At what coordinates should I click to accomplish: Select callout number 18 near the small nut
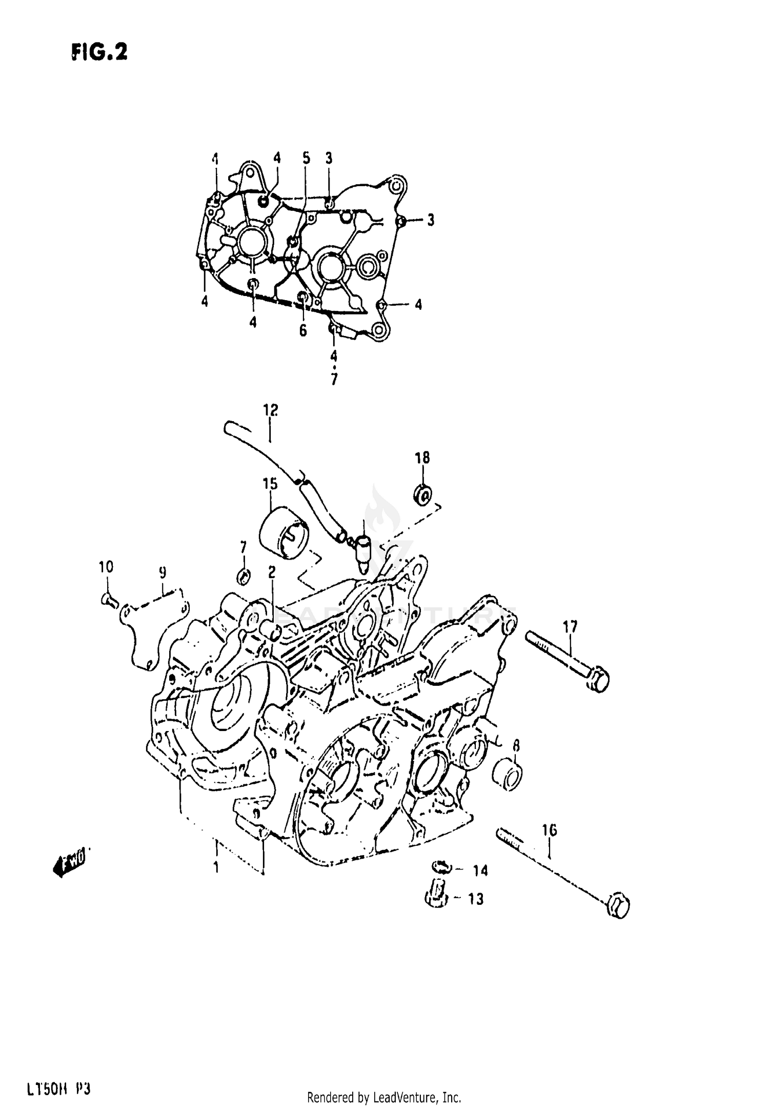point(422,458)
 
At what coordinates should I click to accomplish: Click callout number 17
point(570,626)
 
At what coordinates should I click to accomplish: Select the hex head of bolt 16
point(618,907)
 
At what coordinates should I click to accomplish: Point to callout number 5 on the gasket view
point(306,158)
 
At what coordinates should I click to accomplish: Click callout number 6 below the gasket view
point(303,330)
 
